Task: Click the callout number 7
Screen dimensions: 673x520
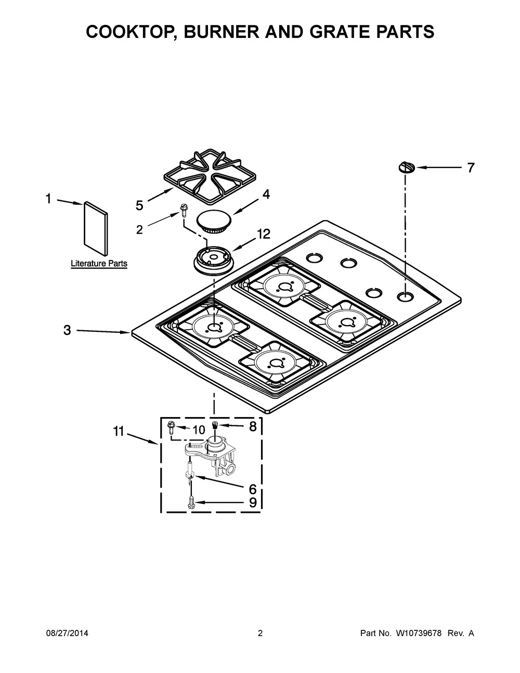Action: pos(470,168)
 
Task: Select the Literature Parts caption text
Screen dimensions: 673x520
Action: pos(99,264)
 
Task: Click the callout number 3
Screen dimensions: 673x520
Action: pos(67,330)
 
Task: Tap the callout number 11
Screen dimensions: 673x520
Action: pos(119,431)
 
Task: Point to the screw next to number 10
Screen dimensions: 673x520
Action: pos(171,428)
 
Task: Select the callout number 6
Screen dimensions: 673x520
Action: pos(253,489)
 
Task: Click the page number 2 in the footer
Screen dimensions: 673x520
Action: pos(260,633)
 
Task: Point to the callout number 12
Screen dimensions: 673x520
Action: pos(263,235)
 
